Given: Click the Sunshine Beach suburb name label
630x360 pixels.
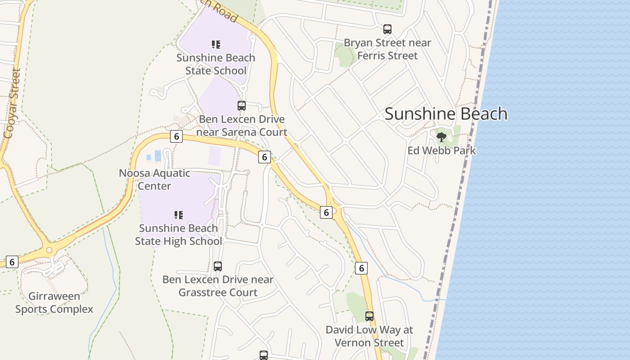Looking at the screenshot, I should click(446, 114).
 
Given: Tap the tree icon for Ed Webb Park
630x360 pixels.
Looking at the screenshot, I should click(441, 137).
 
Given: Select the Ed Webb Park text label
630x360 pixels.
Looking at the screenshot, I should click(441, 150).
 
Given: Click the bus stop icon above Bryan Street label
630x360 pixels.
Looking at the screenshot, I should click(387, 29).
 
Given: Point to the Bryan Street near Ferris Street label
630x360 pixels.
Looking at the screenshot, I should click(387, 49).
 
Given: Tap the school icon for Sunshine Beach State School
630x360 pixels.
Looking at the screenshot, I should click(216, 44).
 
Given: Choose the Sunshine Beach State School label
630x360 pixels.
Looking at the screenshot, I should click(216, 64).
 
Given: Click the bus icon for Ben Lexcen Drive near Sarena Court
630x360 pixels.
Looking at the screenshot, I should click(242, 106).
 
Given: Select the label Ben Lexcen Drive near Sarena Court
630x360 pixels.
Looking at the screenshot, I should click(242, 126).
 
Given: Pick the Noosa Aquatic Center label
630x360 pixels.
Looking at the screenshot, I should click(154, 180).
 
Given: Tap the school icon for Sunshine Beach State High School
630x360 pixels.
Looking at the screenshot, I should click(179, 215).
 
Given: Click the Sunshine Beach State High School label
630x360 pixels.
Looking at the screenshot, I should click(179, 234).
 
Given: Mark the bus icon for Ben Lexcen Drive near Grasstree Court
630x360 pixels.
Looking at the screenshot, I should click(218, 266).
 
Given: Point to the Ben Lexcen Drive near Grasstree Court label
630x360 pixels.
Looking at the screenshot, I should click(218, 286).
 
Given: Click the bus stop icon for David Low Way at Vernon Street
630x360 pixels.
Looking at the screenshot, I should click(369, 316).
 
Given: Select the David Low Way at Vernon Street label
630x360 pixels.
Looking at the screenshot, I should click(369, 336).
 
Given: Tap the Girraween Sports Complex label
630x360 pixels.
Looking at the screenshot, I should click(54, 302).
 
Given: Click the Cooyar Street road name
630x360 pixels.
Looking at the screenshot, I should click(12, 103).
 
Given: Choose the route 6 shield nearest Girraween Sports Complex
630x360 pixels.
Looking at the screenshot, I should click(12, 262).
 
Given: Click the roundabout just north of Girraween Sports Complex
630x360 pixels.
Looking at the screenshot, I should click(49, 250).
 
